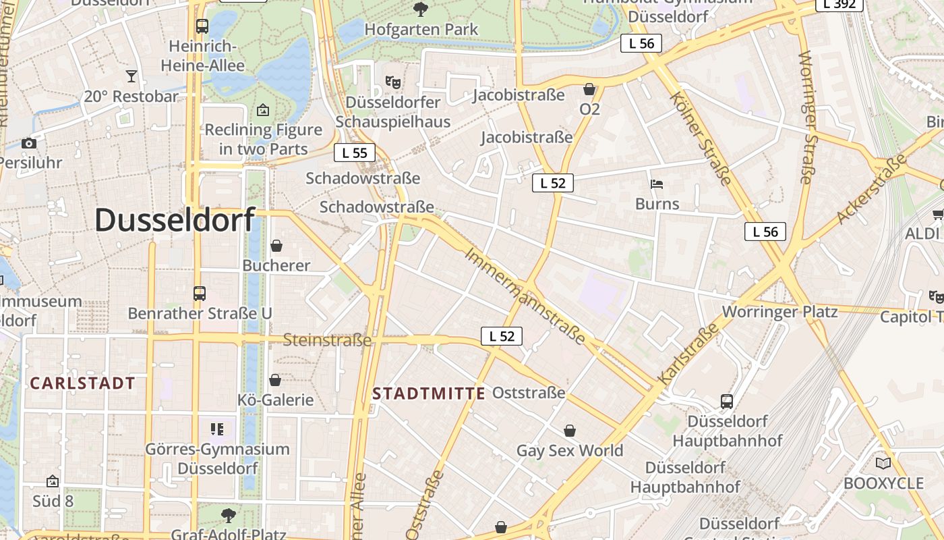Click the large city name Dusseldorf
(175, 220)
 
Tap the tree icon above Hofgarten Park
(421, 9)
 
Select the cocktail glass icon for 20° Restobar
(131, 76)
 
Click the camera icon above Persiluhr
(29, 142)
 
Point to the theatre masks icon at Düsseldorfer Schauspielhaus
(393, 82)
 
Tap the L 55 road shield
(355, 153)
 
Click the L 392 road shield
(839, 4)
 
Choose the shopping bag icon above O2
(589, 89)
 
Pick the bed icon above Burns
(657, 184)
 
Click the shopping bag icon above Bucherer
(276, 246)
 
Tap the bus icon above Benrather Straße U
(200, 294)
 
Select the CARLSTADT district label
(83, 383)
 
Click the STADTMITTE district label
(429, 394)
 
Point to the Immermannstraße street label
(525, 296)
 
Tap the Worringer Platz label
(779, 312)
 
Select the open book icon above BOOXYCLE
(883, 463)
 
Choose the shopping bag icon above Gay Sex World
(570, 431)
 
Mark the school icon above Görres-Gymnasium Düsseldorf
(217, 429)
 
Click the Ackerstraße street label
(871, 190)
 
